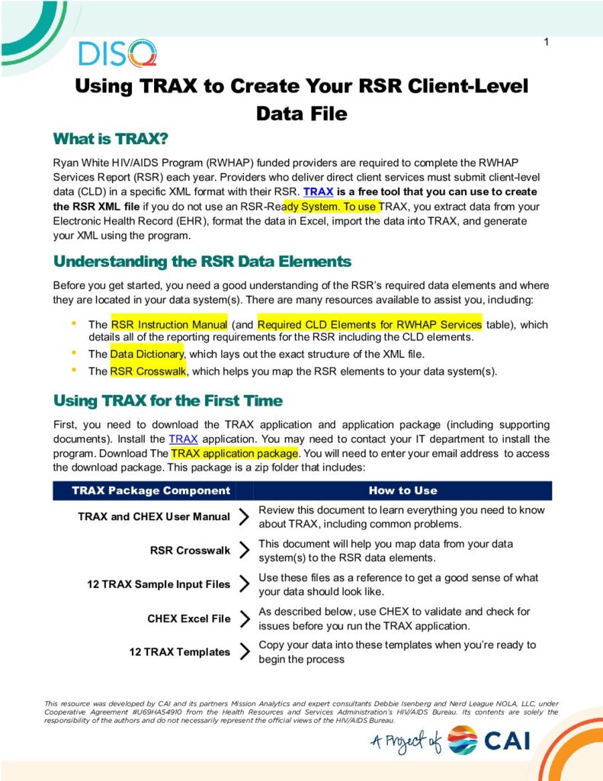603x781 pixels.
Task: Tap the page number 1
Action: click(x=547, y=41)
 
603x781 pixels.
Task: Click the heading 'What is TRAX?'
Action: click(x=110, y=140)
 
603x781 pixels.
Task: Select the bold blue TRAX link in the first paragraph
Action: click(x=318, y=191)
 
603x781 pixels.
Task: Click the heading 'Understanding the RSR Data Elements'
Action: click(x=202, y=262)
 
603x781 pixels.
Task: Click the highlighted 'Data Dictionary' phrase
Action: click(x=146, y=354)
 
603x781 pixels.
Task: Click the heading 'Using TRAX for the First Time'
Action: click(x=168, y=401)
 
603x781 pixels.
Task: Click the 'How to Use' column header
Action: click(x=403, y=490)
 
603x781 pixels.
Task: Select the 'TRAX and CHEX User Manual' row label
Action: click(x=154, y=517)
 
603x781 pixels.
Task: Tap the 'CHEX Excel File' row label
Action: click(x=189, y=619)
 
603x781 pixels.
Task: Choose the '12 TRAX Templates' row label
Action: click(x=179, y=652)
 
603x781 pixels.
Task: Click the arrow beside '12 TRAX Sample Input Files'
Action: click(x=244, y=584)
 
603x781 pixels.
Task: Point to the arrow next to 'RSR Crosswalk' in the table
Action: click(x=244, y=550)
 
